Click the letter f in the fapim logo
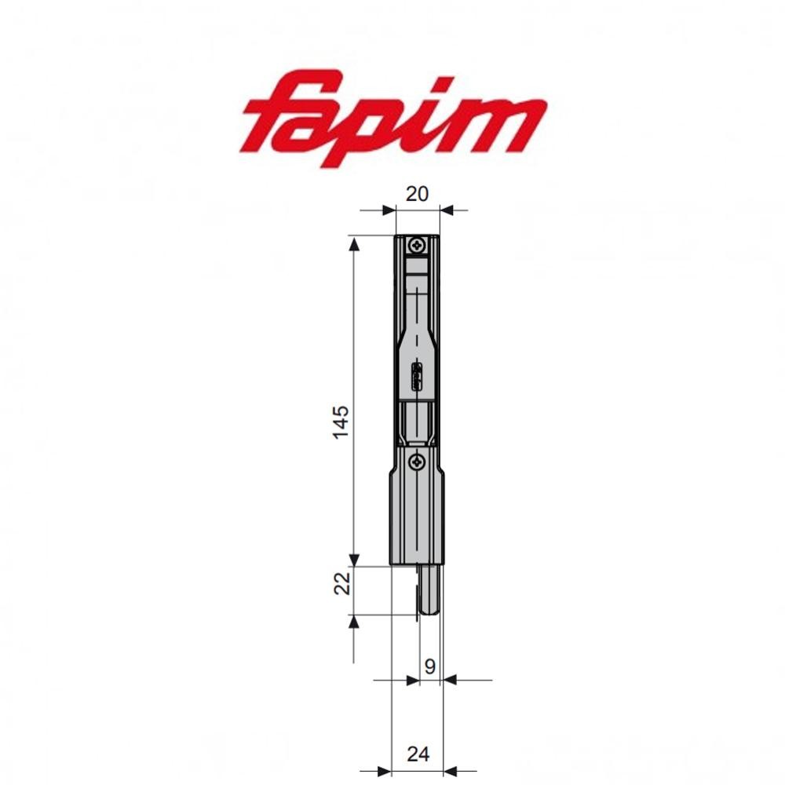click(x=283, y=119)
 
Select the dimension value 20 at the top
click(x=418, y=193)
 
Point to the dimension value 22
click(x=340, y=583)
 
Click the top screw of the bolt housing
click(x=415, y=247)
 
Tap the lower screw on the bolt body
click(x=418, y=461)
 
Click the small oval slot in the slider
click(x=417, y=377)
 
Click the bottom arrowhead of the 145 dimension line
click(x=354, y=557)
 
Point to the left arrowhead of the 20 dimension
click(x=386, y=210)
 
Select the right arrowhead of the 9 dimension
click(x=451, y=681)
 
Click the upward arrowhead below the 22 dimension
click(x=354, y=622)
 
